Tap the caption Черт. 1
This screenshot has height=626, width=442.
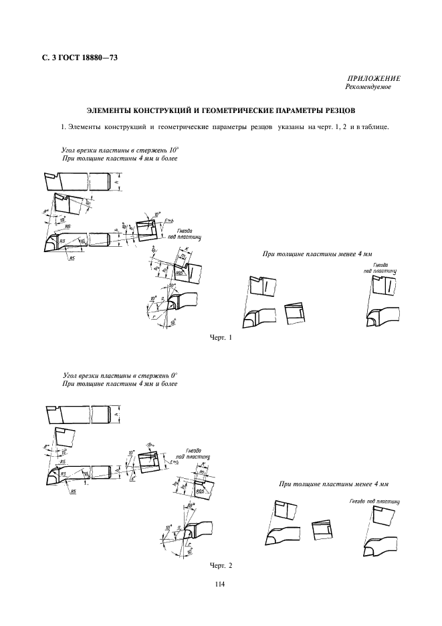click(220, 338)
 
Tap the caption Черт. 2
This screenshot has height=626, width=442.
click(220, 566)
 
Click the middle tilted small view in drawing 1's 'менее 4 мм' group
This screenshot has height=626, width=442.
click(294, 314)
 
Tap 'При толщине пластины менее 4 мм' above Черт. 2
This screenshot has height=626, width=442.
click(334, 484)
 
